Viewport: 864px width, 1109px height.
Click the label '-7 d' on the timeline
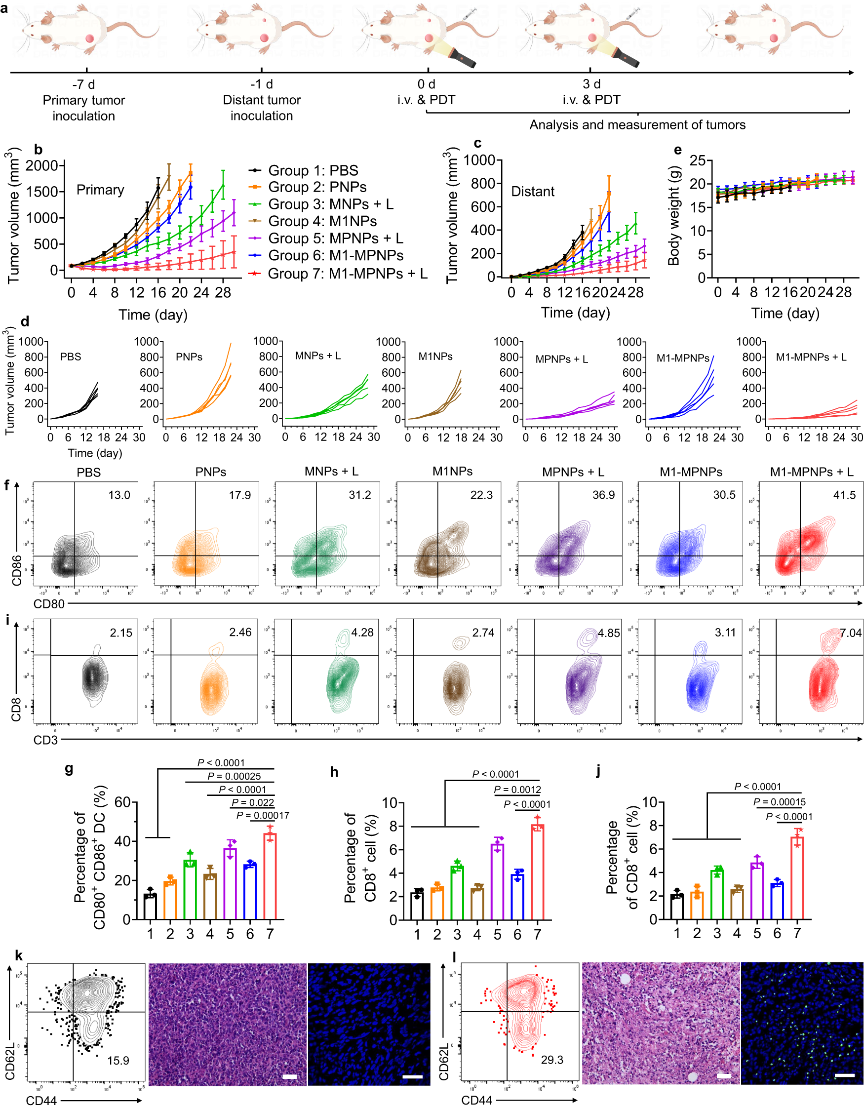pos(83,84)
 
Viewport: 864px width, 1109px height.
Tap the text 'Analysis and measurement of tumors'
pos(637,125)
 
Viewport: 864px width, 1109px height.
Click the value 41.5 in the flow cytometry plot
pos(844,495)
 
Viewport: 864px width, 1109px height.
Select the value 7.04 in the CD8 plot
pos(850,633)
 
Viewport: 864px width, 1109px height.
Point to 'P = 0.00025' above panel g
pos(234,776)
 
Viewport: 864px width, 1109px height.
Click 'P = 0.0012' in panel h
pos(517,790)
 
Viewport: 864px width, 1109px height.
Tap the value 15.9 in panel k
pos(118,1060)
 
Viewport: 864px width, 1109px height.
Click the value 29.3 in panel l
pos(552,1060)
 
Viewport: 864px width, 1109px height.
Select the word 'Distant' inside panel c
pos(533,192)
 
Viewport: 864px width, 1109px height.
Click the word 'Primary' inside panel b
pos(100,190)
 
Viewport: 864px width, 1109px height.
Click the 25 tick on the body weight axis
pos(698,161)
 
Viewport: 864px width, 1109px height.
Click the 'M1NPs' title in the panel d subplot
pos(435,356)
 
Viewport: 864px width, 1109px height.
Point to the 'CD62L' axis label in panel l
pos(444,1061)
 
